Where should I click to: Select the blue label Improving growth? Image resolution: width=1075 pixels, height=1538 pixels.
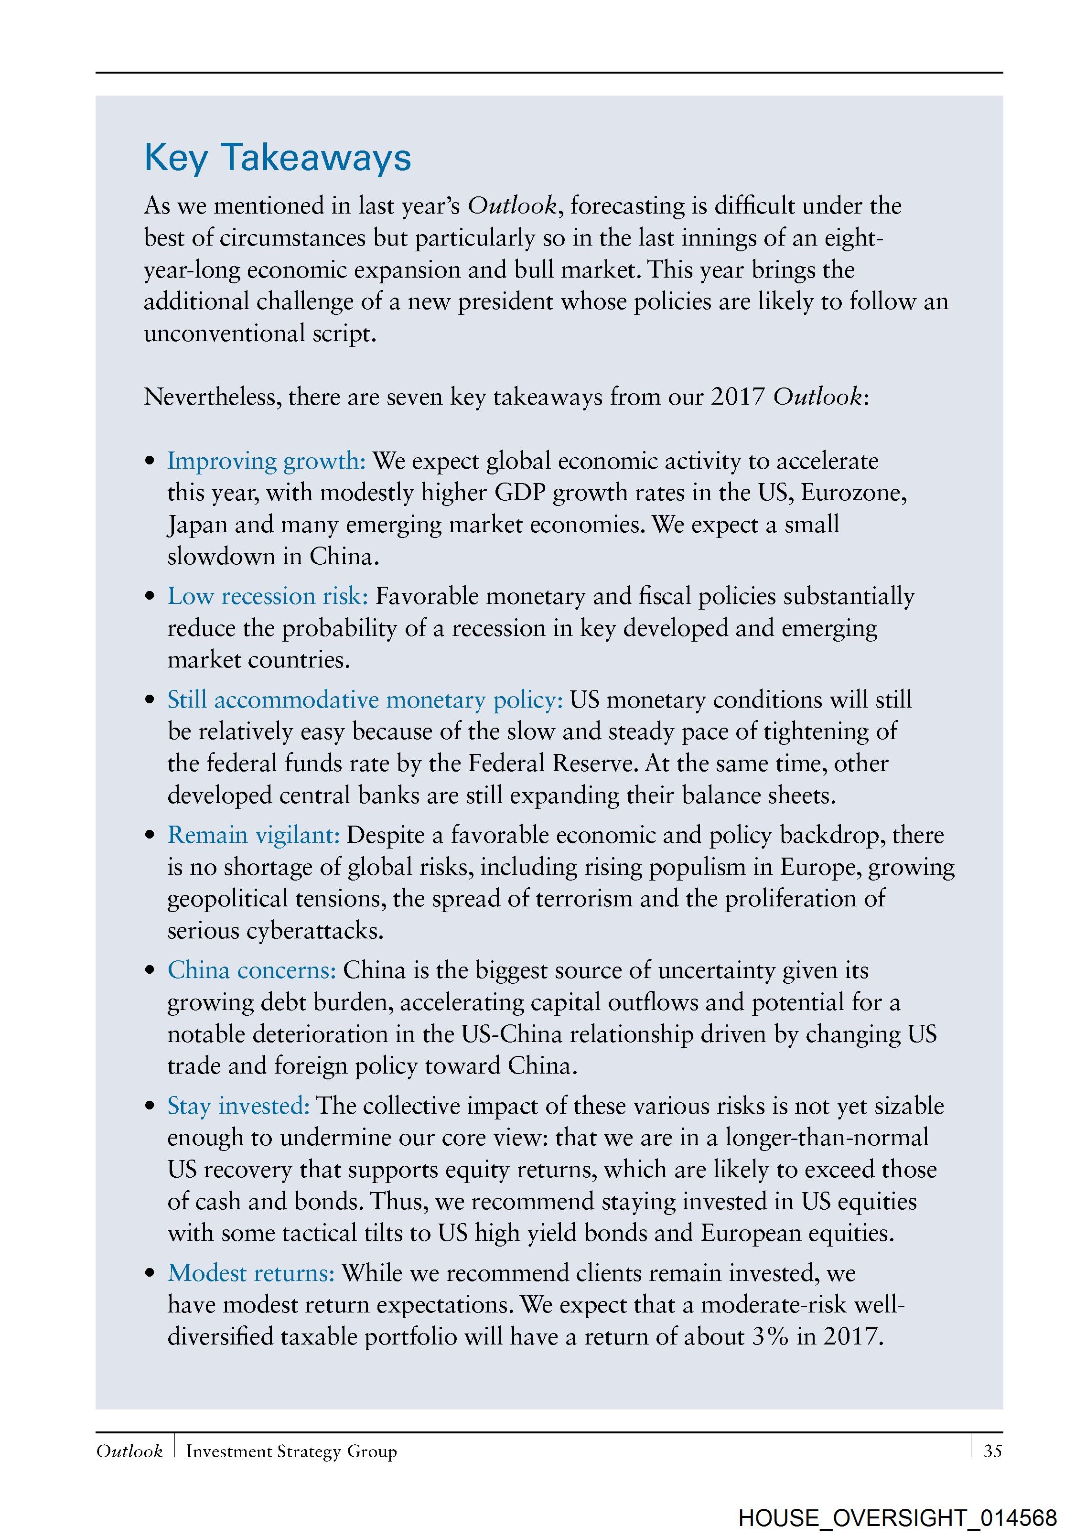(266, 461)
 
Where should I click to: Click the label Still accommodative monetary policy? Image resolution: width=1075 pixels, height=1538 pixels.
(365, 699)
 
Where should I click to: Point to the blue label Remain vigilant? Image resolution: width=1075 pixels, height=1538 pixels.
(253, 835)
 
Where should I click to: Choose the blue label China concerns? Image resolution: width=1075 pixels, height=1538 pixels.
(251, 970)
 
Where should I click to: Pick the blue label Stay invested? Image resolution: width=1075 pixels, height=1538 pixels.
(238, 1105)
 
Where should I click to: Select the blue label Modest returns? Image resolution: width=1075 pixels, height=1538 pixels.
(250, 1273)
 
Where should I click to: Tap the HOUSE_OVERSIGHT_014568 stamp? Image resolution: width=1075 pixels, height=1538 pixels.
(898, 1517)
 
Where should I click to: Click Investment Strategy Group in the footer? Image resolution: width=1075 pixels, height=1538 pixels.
(291, 1451)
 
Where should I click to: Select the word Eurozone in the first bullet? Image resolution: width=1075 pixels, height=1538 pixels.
(853, 492)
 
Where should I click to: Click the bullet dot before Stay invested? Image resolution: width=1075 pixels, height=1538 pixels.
(150, 1107)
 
